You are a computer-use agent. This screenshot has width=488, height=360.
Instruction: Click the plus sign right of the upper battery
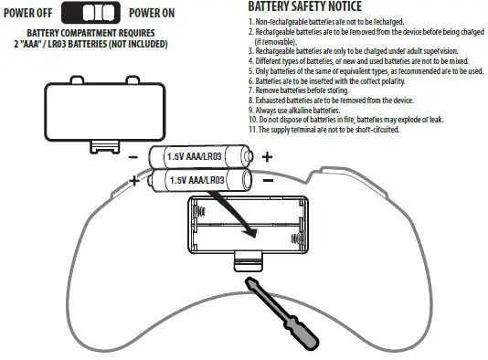click(267, 157)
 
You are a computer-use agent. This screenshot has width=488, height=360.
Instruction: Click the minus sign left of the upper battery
click(134, 157)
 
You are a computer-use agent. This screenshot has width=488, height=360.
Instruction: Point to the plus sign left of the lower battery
click(134, 181)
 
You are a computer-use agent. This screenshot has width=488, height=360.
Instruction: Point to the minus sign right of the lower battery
click(268, 181)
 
